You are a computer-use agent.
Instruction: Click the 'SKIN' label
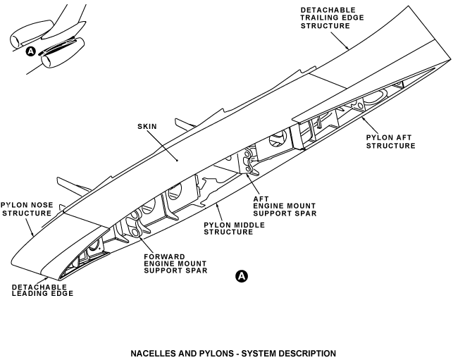[148, 126]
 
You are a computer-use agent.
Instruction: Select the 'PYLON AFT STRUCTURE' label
[390, 140]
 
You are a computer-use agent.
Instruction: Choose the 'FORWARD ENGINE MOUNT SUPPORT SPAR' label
[175, 263]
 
